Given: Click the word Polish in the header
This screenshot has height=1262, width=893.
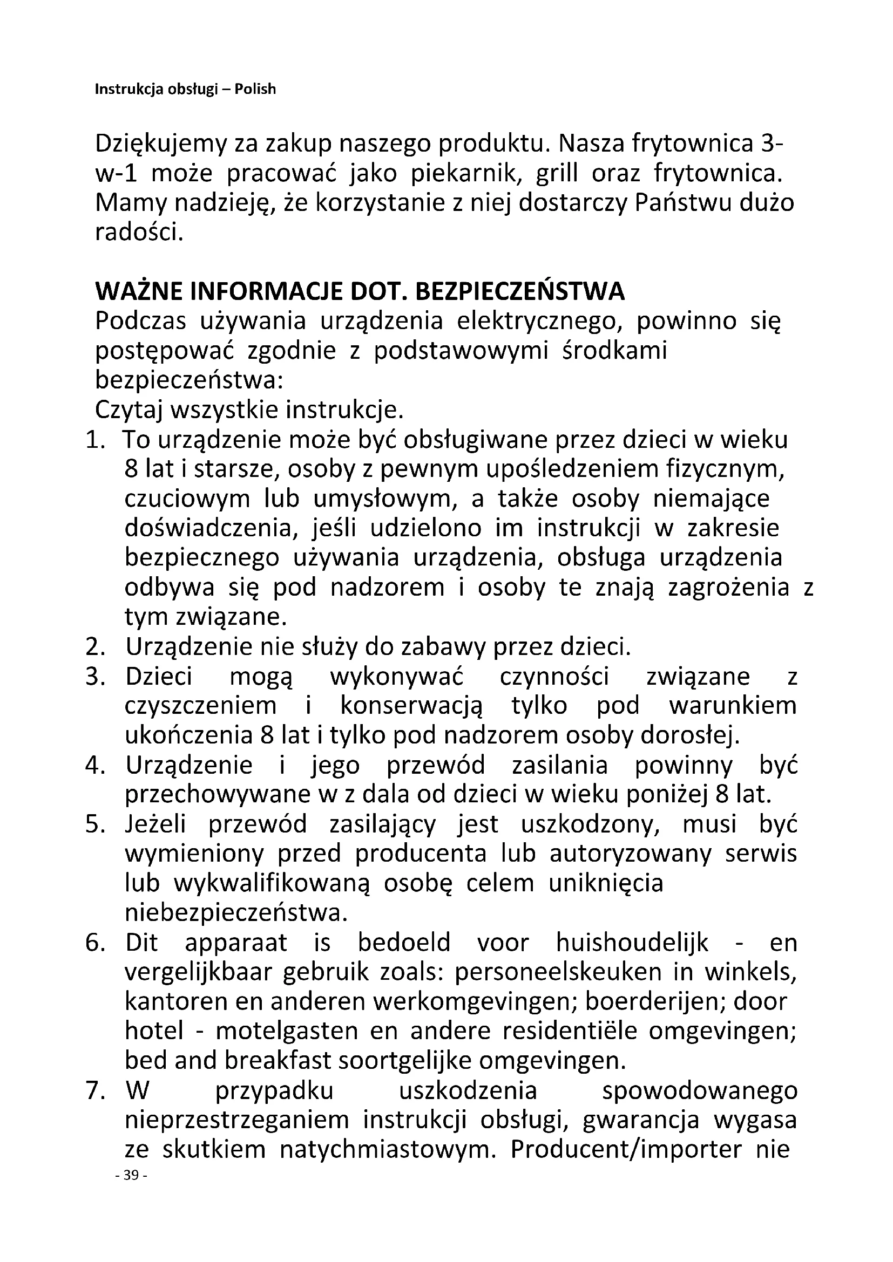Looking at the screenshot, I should [x=255, y=89].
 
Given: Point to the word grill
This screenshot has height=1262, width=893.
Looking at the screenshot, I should [x=557, y=174].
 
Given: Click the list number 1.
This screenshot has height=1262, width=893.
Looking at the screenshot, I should [x=94, y=440].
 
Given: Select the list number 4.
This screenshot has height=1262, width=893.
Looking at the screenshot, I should [x=94, y=765].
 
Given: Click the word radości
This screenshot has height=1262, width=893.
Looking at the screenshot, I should [x=138, y=233].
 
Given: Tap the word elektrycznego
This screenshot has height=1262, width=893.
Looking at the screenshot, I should [x=539, y=322].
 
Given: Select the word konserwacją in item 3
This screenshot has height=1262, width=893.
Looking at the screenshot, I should [x=411, y=706].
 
